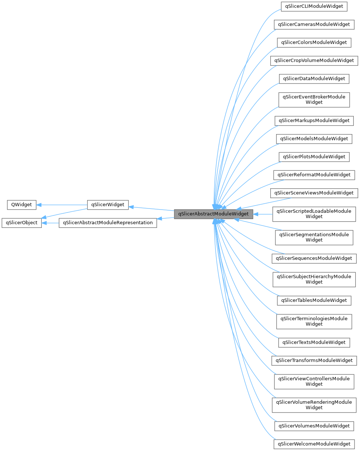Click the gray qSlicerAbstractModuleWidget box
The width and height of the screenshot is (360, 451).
(213, 214)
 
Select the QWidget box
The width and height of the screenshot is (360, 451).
(22, 205)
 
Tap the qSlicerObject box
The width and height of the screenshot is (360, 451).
(22, 223)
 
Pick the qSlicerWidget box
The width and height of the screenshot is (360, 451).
(108, 205)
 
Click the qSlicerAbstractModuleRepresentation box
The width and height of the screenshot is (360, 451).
(108, 223)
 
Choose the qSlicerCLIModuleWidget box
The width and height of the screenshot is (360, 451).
(314, 7)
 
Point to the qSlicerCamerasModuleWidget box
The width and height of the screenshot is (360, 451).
(314, 25)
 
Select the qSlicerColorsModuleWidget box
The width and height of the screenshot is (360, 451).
(314, 42)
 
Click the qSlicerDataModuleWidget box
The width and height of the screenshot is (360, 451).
(314, 79)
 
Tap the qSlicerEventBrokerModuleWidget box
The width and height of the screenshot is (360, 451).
(314, 100)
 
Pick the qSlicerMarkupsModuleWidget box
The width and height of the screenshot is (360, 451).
(314, 121)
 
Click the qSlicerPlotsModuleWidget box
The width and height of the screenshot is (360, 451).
(314, 157)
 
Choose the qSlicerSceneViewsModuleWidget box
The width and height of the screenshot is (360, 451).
(314, 193)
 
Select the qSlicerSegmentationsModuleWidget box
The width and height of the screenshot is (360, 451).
(314, 237)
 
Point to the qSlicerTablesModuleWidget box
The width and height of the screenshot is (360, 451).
(314, 300)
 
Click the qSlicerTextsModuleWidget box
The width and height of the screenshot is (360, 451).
(314, 343)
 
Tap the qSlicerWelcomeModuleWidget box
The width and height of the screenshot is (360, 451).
(314, 444)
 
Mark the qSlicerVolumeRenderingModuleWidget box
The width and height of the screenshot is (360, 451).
(314, 405)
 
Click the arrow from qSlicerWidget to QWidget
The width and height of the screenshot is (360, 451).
(62, 205)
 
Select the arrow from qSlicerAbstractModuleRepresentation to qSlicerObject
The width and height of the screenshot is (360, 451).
(51, 223)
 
